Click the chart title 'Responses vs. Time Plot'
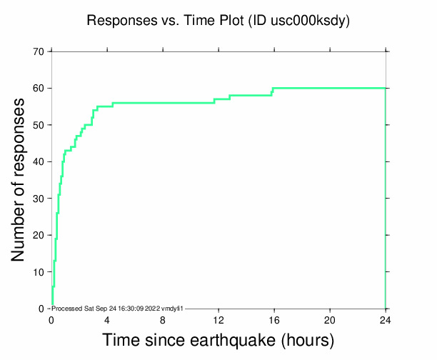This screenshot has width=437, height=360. [165, 21]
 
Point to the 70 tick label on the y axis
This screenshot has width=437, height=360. [37, 51]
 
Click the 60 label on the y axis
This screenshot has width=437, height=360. [37, 88]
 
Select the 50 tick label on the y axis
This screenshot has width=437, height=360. [37, 125]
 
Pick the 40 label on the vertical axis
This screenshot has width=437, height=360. [37, 161]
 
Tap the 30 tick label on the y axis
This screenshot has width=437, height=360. [37, 199]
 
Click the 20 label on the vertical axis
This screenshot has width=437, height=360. [37, 235]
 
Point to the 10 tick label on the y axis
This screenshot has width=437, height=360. [37, 272]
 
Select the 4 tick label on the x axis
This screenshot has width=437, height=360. [107, 320]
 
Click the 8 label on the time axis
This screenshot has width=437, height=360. [163, 320]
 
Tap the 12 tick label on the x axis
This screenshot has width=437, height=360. [218, 320]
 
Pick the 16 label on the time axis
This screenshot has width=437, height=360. [274, 320]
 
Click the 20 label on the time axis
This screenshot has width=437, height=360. [330, 320]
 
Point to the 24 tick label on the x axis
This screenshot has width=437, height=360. [386, 320]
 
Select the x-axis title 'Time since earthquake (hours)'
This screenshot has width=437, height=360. [218, 341]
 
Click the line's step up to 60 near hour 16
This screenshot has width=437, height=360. [273, 90]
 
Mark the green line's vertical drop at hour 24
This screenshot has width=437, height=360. [386, 200]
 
